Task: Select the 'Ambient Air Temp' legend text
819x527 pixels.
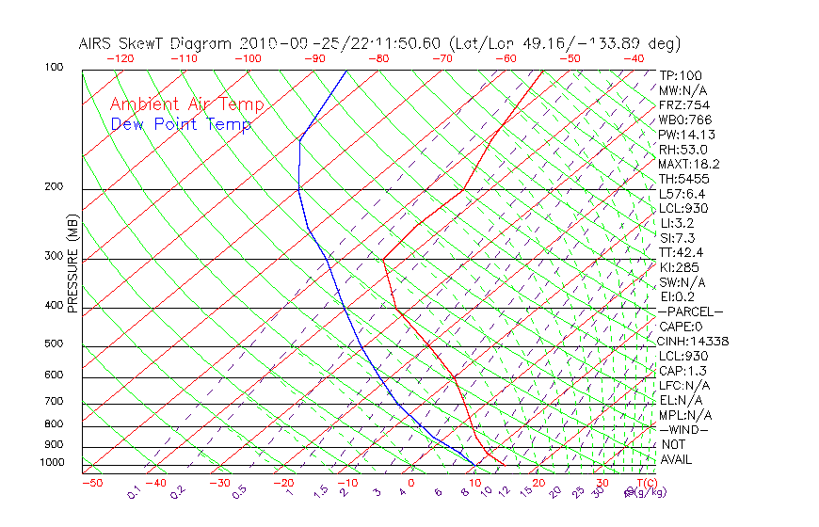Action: click(x=186, y=104)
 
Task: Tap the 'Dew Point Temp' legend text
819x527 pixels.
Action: click(x=181, y=124)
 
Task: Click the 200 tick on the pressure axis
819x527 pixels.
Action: click(x=54, y=186)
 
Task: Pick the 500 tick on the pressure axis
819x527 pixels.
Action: click(x=54, y=343)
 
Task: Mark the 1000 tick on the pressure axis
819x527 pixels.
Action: click(x=52, y=462)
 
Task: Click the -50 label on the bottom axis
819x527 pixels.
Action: click(x=91, y=483)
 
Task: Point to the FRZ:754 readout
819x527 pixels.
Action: click(x=684, y=104)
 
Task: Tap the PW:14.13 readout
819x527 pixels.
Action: click(x=688, y=135)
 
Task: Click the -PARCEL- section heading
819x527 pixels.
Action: click(x=691, y=311)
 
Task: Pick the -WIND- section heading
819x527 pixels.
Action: click(x=684, y=429)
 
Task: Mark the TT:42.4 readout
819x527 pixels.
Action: click(x=682, y=252)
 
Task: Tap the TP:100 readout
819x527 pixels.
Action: click(x=681, y=75)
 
